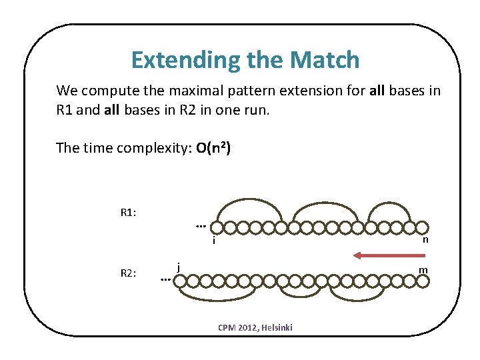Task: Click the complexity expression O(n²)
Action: pyautogui.click(x=214, y=148)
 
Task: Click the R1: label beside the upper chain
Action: pyautogui.click(x=128, y=213)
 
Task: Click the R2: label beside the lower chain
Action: pyautogui.click(x=128, y=272)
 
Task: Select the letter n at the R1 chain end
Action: pyautogui.click(x=425, y=240)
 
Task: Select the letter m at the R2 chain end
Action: pyautogui.click(x=423, y=269)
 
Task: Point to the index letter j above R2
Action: pyautogui.click(x=179, y=267)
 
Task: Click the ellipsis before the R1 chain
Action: pyautogui.click(x=200, y=226)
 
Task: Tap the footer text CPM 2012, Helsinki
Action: pyautogui.click(x=255, y=327)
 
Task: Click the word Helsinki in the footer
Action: pyautogui.click(x=277, y=327)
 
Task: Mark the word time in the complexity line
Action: pyautogui.click(x=95, y=148)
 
